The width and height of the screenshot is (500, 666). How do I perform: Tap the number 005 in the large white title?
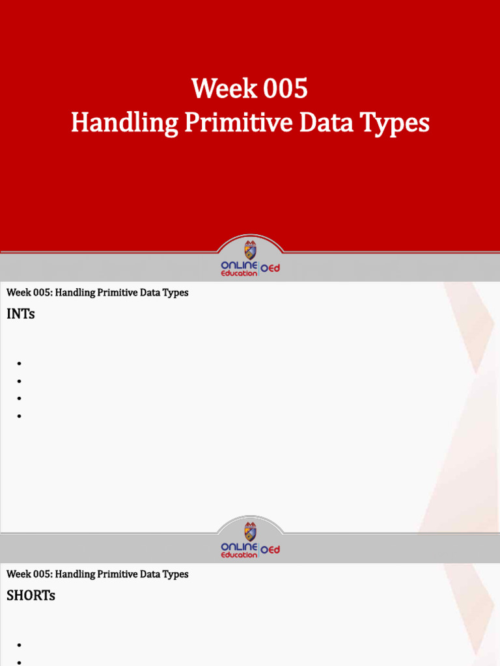point(285,89)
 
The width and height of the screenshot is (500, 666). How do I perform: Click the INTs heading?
point(21,314)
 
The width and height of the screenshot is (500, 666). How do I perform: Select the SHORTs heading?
point(31,596)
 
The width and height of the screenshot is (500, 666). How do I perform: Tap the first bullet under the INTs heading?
point(20,364)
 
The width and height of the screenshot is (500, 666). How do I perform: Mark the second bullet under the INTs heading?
point(20,381)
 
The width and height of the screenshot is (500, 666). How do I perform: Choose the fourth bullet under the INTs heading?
point(20,416)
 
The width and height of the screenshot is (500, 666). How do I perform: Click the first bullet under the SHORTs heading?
point(20,645)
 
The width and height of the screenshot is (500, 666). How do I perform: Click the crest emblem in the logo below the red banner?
point(250,250)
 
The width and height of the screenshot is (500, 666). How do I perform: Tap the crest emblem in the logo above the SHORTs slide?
point(250,531)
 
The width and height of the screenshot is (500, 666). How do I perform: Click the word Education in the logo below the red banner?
point(239,274)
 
